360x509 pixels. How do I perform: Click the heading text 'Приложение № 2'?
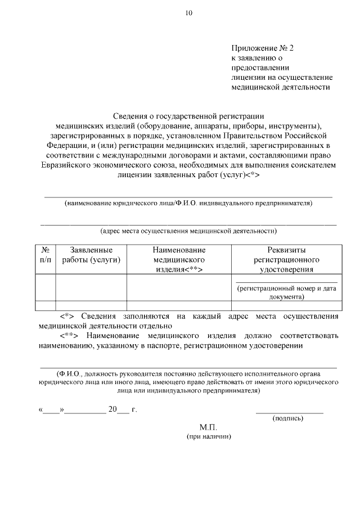click(x=262, y=48)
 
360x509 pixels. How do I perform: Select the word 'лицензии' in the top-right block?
click(x=246, y=77)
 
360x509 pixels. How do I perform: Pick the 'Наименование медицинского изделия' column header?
click(x=179, y=259)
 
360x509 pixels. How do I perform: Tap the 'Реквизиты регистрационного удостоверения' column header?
click(x=286, y=259)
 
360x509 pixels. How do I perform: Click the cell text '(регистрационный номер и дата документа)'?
click(x=286, y=292)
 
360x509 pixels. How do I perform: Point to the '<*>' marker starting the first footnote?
click(x=67, y=316)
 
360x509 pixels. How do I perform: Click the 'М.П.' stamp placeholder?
click(x=208, y=427)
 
